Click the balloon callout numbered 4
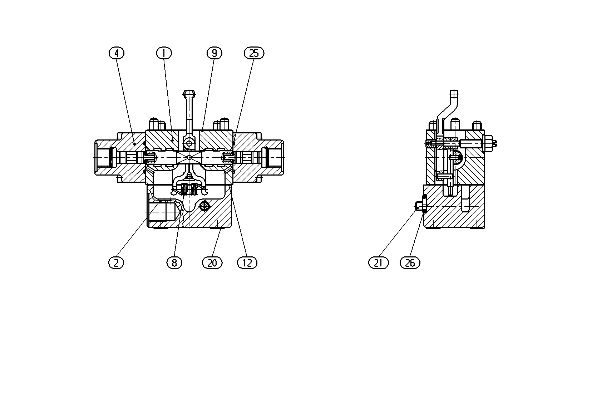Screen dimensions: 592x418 coord(117,53)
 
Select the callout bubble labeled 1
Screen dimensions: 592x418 coord(164,53)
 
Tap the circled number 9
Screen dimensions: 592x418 coord(214,53)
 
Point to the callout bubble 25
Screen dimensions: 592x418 coord(254,53)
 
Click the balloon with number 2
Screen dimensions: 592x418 coord(116,263)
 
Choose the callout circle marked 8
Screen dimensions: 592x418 coord(174,263)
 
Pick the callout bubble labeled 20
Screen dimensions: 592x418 coord(212,263)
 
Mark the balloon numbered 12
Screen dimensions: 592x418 coord(247,263)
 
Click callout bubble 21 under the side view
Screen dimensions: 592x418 coord(379,263)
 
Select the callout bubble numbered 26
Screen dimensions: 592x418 coord(410,263)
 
